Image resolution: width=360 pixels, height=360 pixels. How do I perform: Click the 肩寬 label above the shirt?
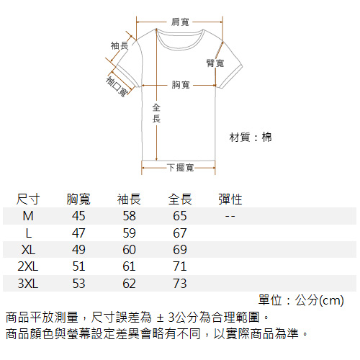click(180, 22)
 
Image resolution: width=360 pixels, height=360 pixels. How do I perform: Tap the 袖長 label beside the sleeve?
click(120, 45)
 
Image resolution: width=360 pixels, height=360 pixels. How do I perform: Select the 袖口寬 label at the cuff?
click(117, 86)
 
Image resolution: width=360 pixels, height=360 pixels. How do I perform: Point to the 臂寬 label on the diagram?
click(215, 63)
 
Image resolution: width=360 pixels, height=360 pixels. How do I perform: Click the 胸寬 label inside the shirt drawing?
click(181, 85)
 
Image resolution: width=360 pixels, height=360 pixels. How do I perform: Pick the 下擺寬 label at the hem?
click(181, 168)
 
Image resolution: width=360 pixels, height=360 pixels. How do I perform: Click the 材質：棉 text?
click(251, 138)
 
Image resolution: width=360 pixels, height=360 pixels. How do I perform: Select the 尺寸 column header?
click(28, 199)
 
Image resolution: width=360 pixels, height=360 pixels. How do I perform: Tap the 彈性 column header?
click(230, 199)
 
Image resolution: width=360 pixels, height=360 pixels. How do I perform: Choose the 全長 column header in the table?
click(180, 199)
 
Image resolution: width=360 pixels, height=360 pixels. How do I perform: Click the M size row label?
click(28, 216)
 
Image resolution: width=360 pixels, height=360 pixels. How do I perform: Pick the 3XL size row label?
click(28, 284)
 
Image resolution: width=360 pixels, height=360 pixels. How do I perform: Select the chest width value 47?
click(78, 233)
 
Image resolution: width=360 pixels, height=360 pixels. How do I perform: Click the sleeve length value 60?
click(129, 250)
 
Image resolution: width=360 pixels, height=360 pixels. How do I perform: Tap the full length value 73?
click(180, 284)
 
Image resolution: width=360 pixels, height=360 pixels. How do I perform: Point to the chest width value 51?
click(78, 266)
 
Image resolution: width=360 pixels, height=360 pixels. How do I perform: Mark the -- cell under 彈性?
click(230, 216)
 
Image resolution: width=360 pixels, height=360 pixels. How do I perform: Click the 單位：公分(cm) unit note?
click(301, 300)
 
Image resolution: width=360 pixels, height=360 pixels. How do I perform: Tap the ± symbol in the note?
click(160, 318)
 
